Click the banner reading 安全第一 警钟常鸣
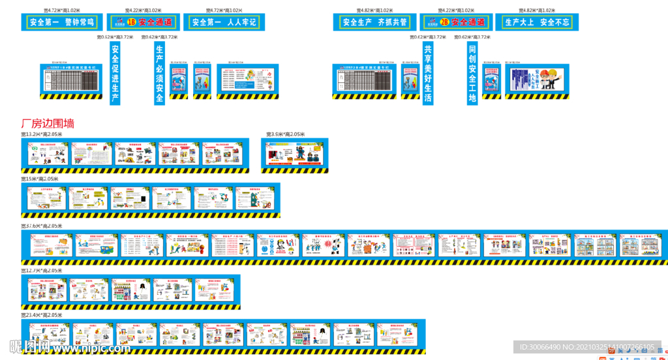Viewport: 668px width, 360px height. [x=62, y=22]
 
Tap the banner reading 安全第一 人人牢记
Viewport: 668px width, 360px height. [x=224, y=22]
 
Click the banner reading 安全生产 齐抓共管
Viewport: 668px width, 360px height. [x=374, y=22]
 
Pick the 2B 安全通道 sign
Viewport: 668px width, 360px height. [x=455, y=22]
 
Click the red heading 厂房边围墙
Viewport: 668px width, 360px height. [x=48, y=123]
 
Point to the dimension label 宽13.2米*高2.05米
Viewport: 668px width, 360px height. [x=41, y=134]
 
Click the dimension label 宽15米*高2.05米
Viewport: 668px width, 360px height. [x=39, y=179]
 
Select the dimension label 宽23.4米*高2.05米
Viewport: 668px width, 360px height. [x=41, y=315]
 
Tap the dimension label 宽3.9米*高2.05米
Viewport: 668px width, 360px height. [x=285, y=134]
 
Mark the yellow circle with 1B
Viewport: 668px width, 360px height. [x=131, y=22]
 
